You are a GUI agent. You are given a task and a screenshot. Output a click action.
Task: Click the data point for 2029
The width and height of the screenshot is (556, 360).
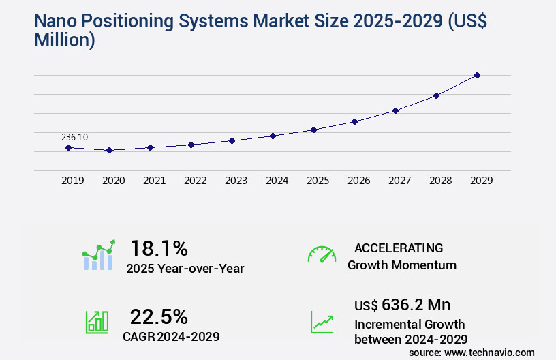477,75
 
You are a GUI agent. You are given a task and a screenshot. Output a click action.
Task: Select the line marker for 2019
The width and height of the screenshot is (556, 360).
68,147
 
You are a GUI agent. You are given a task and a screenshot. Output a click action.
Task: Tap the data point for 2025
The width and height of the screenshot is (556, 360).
313,130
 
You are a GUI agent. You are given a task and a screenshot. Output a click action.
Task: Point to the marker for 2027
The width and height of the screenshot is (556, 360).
395,110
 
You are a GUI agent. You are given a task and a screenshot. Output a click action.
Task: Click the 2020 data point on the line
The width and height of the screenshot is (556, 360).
109,150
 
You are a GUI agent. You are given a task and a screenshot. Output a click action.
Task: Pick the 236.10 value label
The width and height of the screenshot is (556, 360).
74,137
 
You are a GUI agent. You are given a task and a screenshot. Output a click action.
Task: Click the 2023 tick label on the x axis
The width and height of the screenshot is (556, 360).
236,181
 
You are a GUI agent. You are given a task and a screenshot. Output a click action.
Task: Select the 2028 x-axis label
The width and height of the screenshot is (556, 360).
440,181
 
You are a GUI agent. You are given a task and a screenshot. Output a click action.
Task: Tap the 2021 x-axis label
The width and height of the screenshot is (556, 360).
154,181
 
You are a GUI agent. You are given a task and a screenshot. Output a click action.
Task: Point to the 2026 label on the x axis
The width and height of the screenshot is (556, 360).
358,181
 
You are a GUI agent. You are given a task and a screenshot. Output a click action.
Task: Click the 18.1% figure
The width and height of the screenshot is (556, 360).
159,247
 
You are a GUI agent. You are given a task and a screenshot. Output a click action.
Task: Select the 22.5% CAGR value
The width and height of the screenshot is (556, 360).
159,316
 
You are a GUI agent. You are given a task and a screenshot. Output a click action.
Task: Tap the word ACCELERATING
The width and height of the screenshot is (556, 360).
399,247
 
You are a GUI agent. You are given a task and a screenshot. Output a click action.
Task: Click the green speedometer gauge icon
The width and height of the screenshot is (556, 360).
322,254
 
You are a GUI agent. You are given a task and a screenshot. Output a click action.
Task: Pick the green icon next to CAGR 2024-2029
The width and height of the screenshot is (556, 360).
97,322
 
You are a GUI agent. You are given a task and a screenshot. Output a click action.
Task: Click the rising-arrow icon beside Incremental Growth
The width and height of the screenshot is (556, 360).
322,322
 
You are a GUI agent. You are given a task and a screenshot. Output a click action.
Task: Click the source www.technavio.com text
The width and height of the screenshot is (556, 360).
472,352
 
